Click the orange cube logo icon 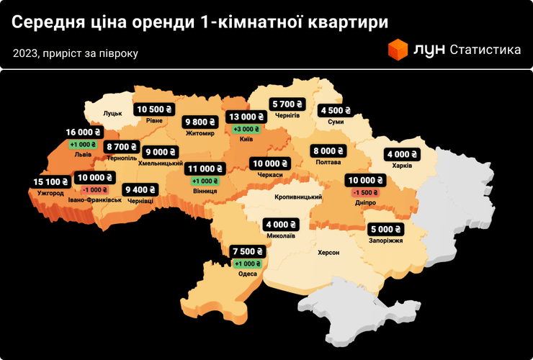(x=398, y=50)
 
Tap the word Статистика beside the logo (x=485, y=50)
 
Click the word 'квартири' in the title (x=347, y=22)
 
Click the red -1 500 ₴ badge (x=366, y=192)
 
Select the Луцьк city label (x=113, y=114)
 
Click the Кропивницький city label (x=297, y=197)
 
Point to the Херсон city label (x=328, y=253)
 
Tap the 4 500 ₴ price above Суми (x=335, y=111)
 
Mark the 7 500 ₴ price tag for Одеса (x=247, y=251)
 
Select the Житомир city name (x=200, y=133)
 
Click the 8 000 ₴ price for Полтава (x=328, y=151)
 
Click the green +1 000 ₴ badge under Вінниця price (x=206, y=181)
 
